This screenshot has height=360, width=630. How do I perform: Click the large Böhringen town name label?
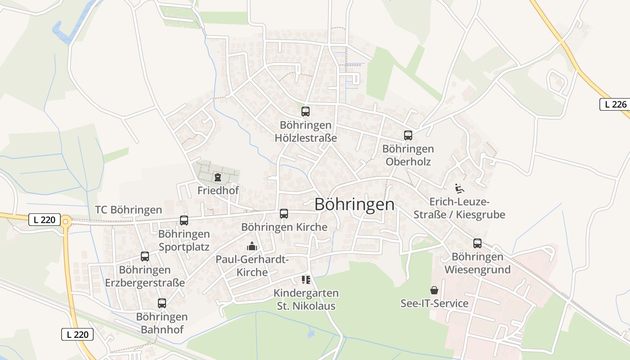click(354, 204)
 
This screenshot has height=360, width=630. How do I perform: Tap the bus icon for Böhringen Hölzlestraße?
click(306, 112)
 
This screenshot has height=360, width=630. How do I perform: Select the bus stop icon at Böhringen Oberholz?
click(408, 135)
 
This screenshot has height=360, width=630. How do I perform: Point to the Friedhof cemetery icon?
click(218, 177)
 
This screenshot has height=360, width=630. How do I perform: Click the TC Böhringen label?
click(128, 210)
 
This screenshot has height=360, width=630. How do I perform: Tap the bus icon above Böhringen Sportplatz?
click(184, 220)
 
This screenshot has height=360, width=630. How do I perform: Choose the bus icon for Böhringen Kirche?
click(284, 214)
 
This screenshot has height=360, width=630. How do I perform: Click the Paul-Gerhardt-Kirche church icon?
click(252, 246)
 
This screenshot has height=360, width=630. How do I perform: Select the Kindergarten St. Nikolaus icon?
click(306, 280)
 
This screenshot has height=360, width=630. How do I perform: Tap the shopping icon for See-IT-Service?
click(434, 290)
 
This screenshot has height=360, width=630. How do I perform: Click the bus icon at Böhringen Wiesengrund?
click(477, 243)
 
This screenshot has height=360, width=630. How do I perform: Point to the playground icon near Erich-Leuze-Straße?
click(459, 188)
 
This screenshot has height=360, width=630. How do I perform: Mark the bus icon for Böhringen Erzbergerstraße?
click(145, 256)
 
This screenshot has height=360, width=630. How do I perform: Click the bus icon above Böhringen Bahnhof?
click(162, 303)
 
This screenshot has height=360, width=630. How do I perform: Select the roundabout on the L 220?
click(66, 220)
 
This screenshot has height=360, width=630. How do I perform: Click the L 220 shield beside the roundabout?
click(44, 220)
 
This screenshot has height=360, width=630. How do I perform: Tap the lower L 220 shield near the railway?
click(77, 334)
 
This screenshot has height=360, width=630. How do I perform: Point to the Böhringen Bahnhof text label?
click(162, 323)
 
